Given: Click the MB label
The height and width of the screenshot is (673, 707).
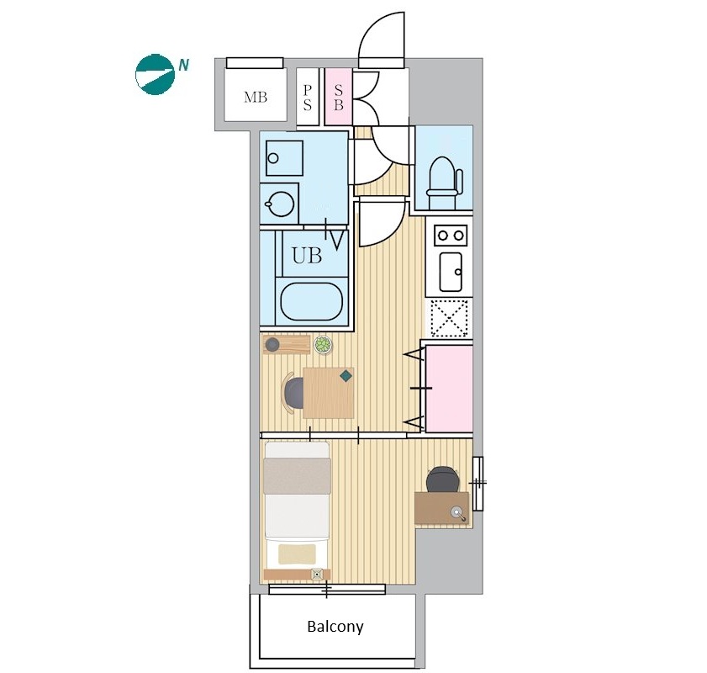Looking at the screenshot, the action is point(256,97).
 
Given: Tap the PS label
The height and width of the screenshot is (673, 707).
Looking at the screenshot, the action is point(307,98).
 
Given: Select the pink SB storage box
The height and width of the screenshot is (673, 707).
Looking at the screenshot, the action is point(339,97).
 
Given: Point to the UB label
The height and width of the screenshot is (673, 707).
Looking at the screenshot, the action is point(307,256).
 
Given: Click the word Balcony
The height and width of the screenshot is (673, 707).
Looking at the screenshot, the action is point(335,627).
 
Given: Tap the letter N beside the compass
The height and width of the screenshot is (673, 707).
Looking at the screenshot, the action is point(183,66).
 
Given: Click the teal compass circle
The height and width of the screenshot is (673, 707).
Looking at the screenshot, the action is point(156,74).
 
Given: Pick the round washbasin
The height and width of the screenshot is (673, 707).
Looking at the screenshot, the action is point(282,204).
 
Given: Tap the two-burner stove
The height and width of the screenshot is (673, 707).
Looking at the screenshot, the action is point(451,235).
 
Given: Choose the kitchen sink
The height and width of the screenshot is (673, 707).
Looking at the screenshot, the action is point(451,272).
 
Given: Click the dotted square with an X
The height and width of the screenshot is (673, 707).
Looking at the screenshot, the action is point(449,318).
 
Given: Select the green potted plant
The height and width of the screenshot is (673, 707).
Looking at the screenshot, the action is point(323,345).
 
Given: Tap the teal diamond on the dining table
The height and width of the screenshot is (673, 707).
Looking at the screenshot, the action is point(346,376).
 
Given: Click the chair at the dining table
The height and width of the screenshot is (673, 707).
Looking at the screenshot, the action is point(293,393).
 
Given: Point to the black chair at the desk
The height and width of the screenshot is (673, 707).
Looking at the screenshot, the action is point(442,479).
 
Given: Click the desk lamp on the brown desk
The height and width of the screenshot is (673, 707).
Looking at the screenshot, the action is point(458,513).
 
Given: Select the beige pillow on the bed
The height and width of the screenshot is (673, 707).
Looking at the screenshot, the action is point(297,554).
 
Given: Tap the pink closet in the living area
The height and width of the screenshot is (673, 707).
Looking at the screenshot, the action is point(449,388).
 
